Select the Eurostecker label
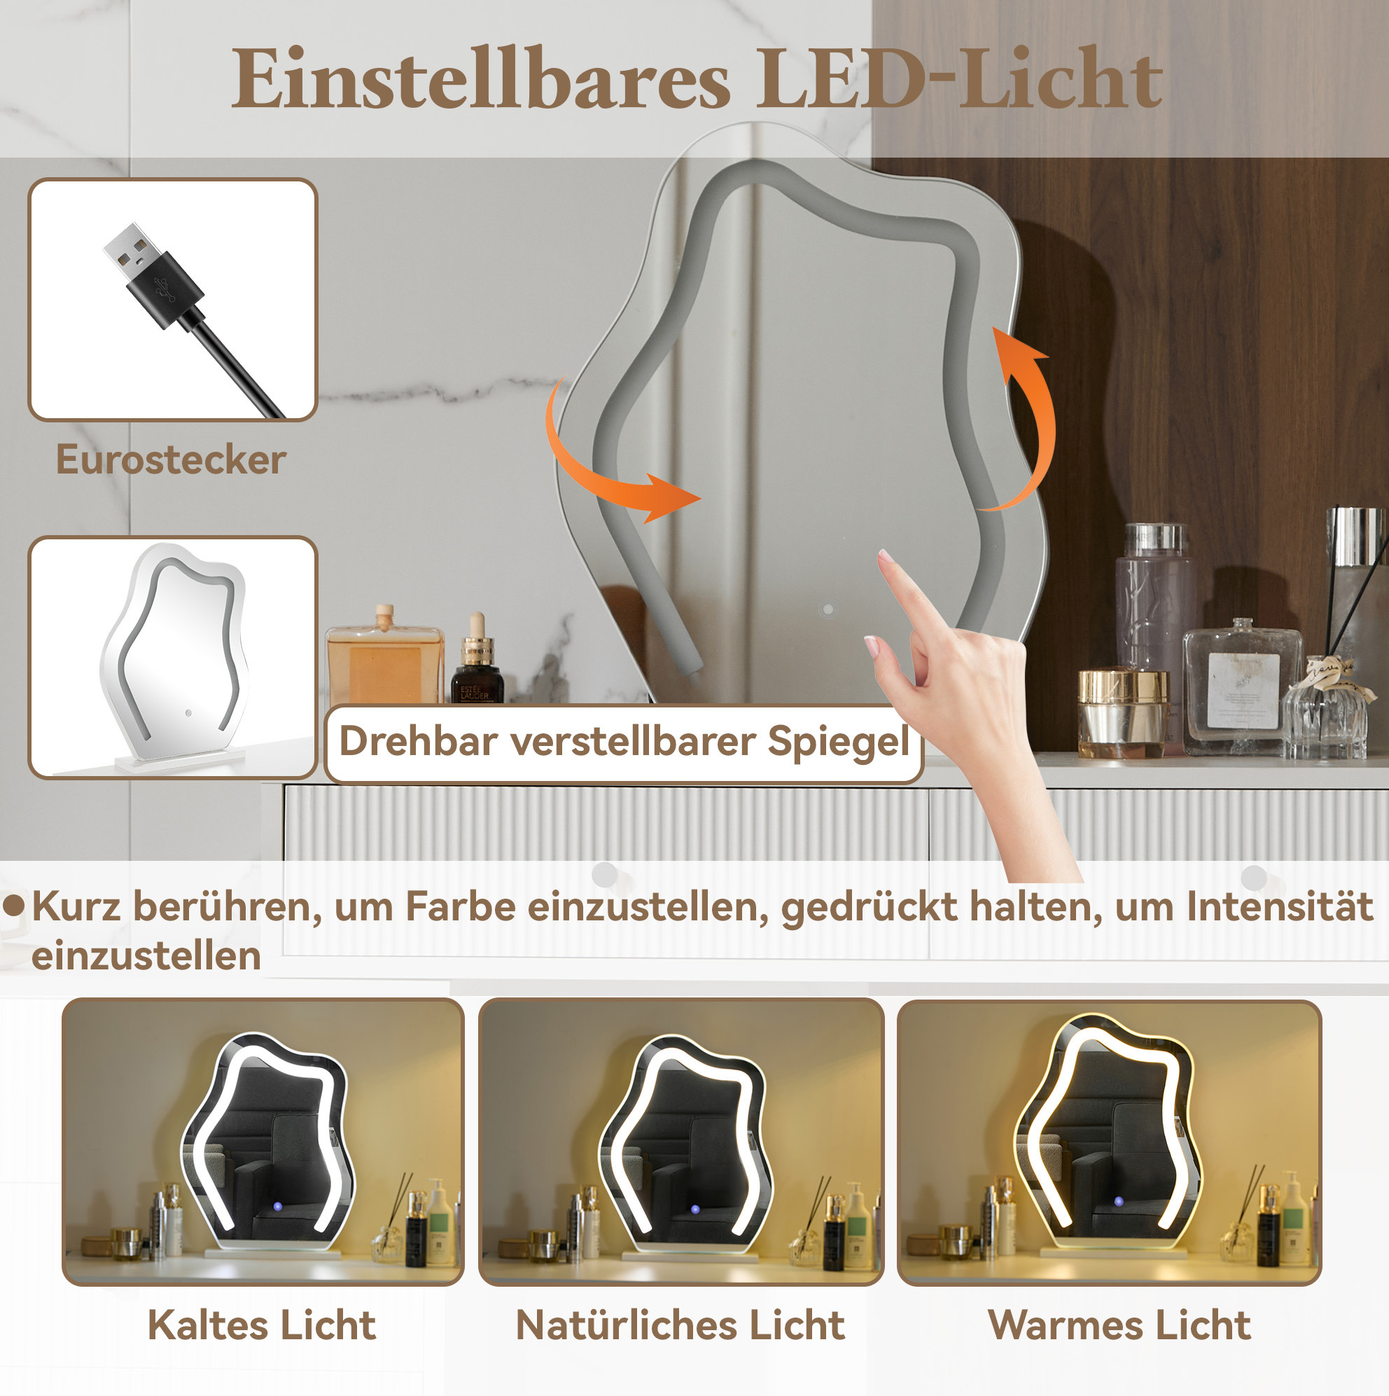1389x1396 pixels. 172,459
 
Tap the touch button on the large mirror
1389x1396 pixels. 828,610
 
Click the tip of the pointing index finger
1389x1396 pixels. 884,554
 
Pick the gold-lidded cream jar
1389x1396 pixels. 1122,714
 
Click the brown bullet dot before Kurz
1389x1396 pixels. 14,906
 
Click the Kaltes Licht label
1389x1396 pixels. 261,1325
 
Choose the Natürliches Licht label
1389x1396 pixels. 680,1325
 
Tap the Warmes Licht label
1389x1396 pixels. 1119,1325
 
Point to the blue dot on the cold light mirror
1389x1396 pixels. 277,1208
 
